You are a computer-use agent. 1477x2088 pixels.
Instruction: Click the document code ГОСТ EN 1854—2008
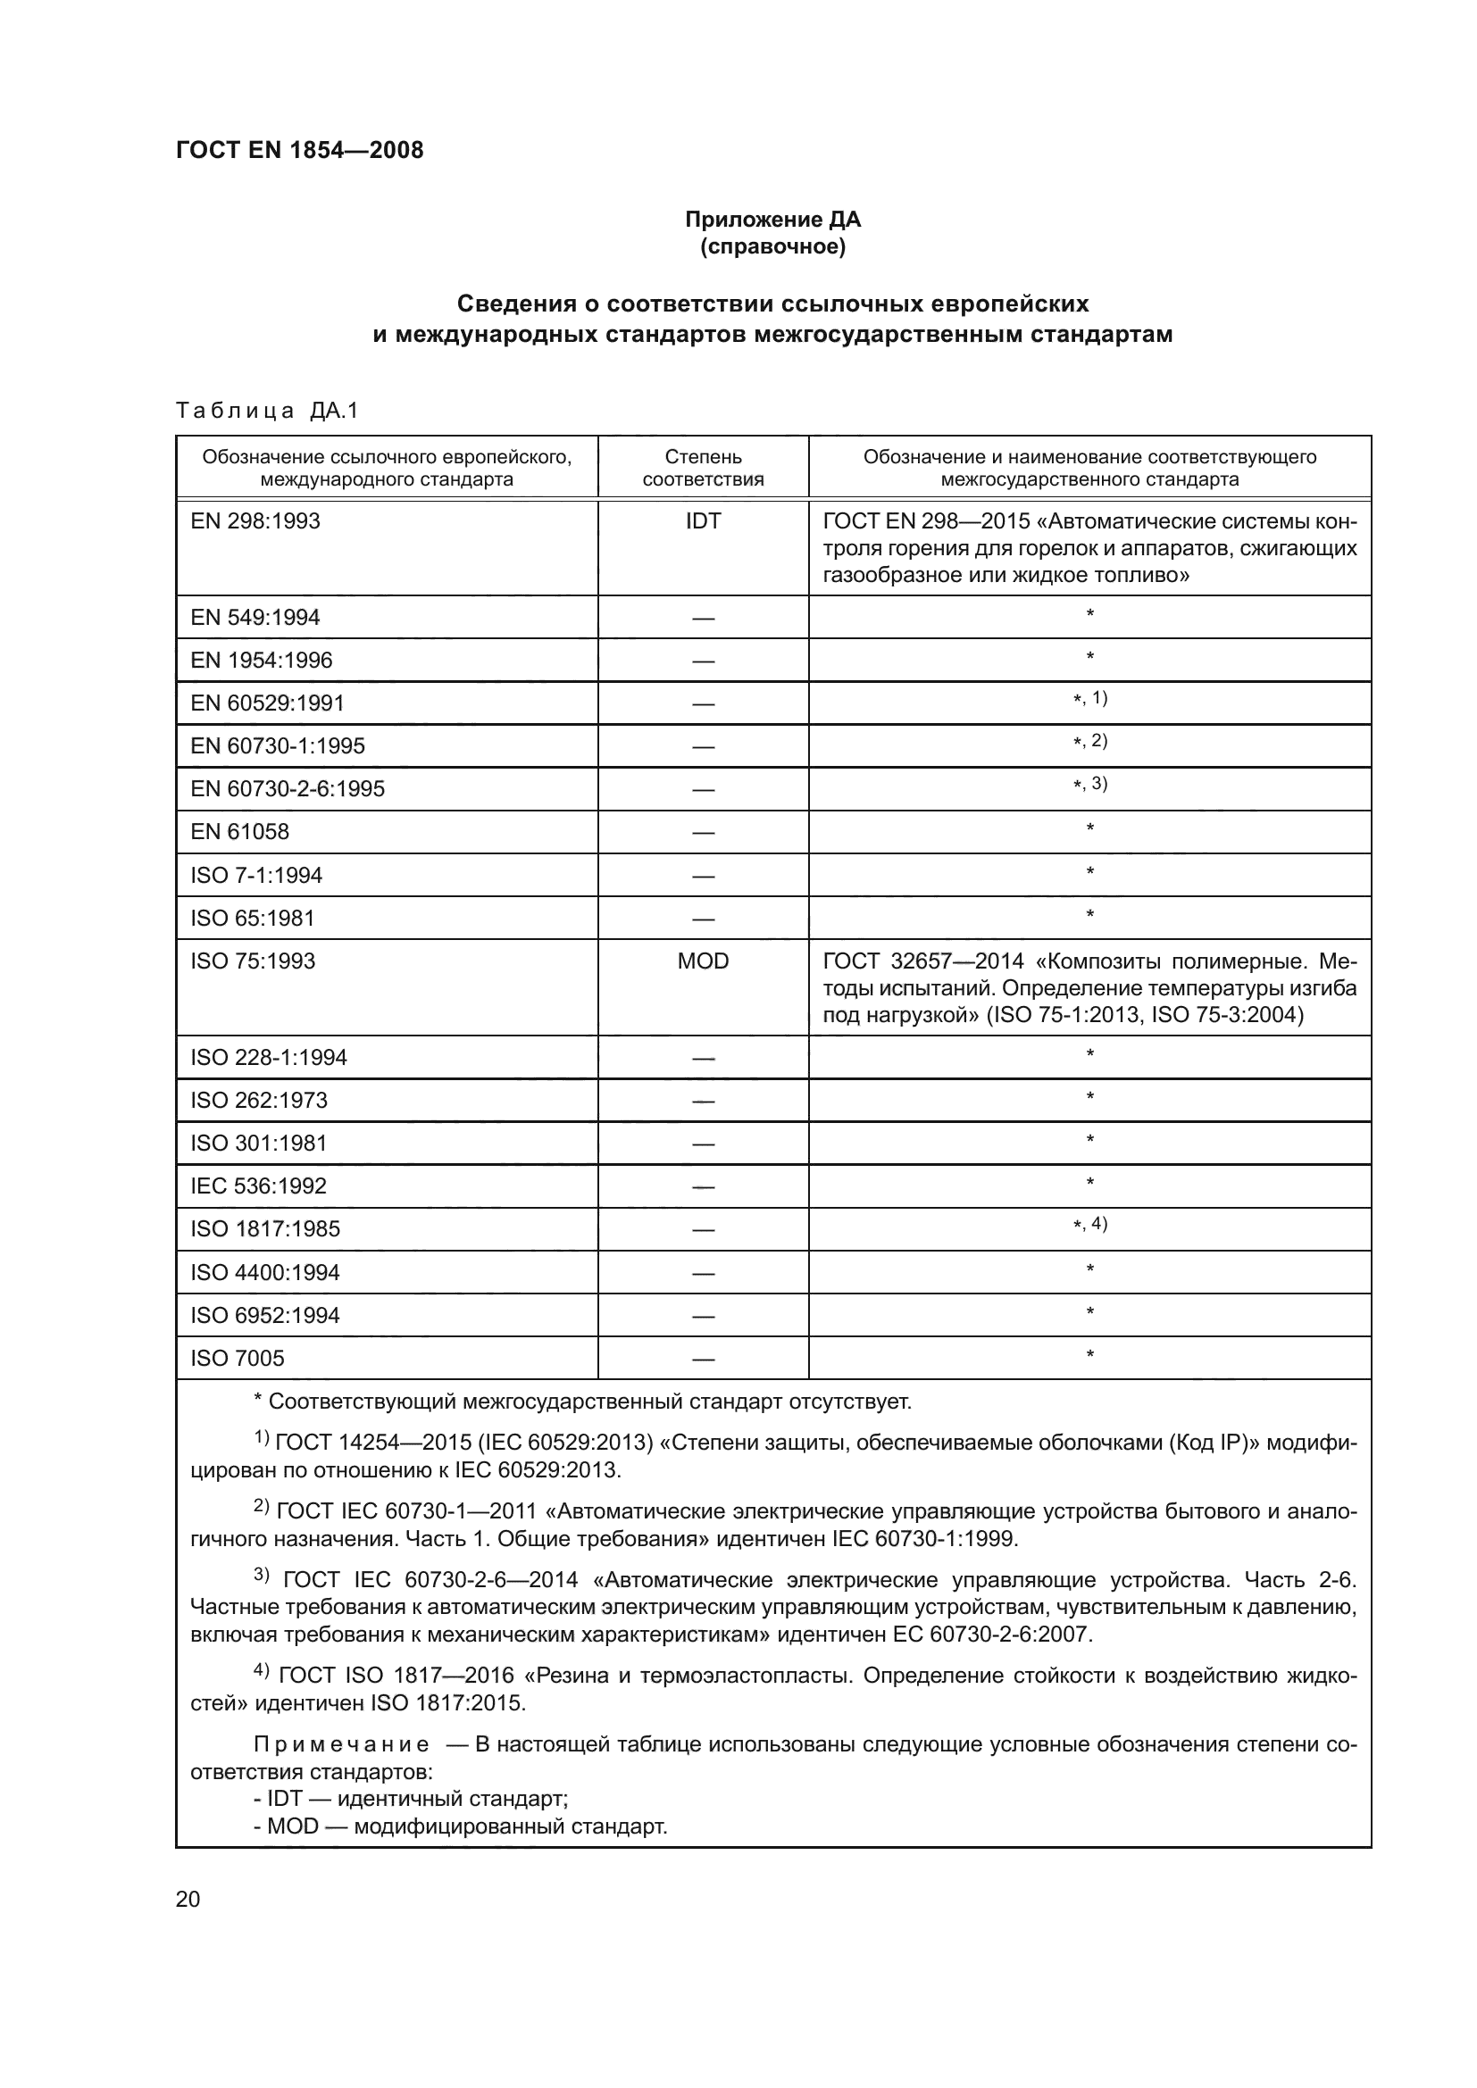click(299, 150)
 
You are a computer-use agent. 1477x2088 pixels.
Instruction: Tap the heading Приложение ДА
click(772, 220)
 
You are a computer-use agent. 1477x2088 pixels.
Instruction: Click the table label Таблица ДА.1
click(266, 411)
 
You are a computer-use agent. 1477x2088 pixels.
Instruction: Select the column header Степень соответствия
click(702, 468)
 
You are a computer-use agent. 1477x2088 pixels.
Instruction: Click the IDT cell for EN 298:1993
click(702, 521)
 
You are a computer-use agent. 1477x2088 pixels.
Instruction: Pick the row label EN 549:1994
click(255, 618)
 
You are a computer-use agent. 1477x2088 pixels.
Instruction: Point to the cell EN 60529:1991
click(267, 703)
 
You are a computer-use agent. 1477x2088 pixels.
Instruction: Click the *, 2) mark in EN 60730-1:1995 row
click(1089, 741)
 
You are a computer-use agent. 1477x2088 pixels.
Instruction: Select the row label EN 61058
click(239, 831)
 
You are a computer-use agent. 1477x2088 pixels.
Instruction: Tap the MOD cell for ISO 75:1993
click(702, 961)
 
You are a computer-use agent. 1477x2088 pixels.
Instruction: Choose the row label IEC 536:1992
click(258, 1185)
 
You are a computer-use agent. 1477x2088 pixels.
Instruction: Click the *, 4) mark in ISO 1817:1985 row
click(1089, 1224)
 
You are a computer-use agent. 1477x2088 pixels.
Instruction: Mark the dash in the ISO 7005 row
click(702, 1360)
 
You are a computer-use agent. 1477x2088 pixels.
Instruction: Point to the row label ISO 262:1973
click(258, 1101)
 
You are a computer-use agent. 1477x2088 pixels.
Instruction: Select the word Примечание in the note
click(341, 1744)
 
